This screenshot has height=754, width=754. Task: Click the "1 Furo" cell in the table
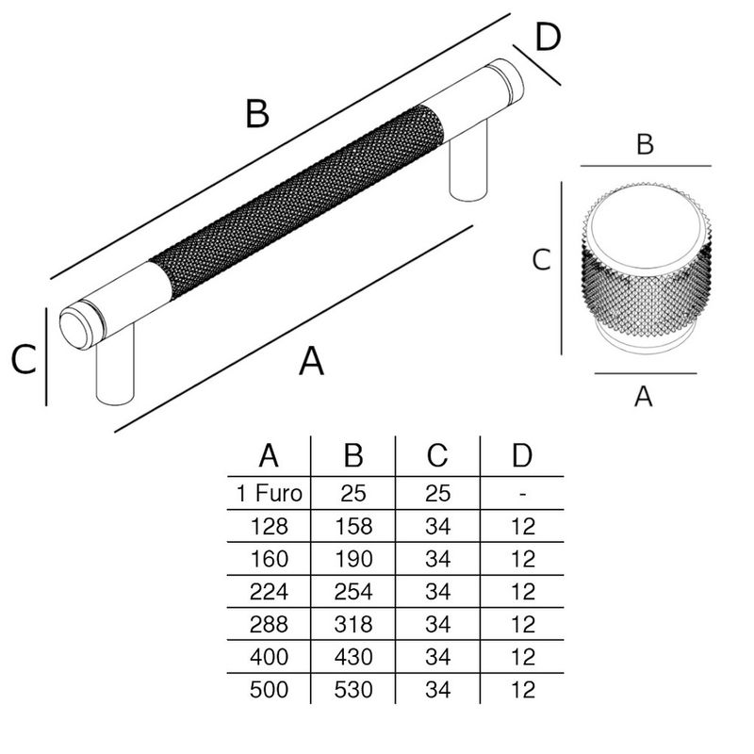tap(269, 493)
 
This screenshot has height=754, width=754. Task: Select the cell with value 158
tap(353, 526)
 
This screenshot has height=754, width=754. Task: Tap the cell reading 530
tap(353, 689)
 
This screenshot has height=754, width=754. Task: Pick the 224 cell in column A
tap(269, 591)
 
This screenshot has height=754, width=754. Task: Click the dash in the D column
tap(521, 493)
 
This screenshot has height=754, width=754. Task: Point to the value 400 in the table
tap(269, 656)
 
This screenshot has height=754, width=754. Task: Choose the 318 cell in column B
tap(353, 624)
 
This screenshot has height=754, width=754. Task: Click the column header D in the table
tap(521, 455)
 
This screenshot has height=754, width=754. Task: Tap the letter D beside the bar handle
tap(547, 40)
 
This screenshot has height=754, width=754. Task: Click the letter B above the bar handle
tap(256, 114)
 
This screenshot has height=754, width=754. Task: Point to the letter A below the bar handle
tap(311, 360)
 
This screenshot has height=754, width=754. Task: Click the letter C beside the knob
tap(541, 260)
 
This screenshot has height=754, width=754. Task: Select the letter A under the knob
tap(644, 397)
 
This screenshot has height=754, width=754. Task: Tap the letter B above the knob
tap(645, 145)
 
